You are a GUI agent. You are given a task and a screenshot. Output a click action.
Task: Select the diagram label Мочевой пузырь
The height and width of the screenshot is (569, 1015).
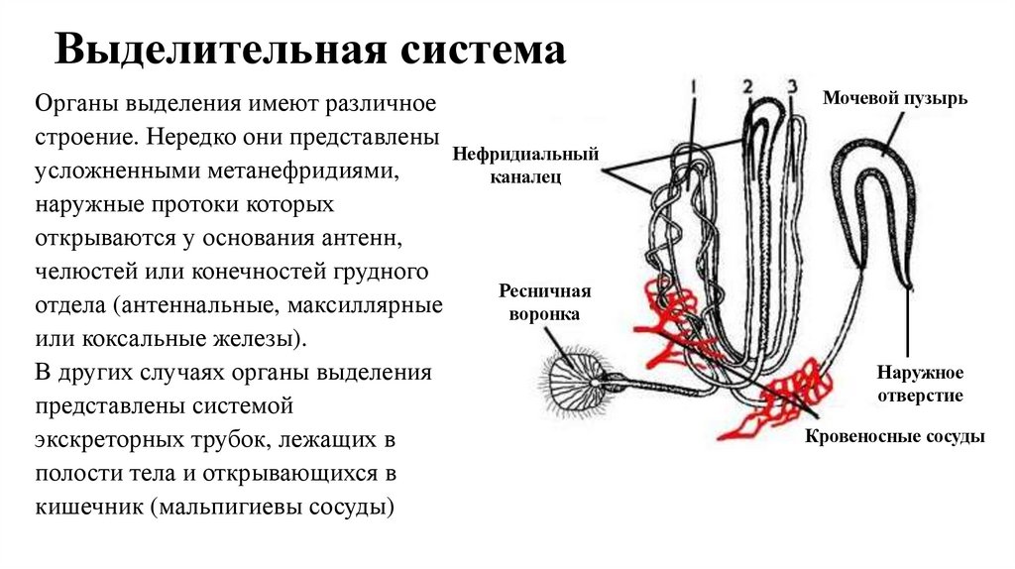[894, 98]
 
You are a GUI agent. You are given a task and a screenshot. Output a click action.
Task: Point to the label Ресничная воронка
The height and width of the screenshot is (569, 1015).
[544, 302]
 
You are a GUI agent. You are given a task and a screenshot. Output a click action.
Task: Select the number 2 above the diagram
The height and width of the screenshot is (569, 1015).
[747, 85]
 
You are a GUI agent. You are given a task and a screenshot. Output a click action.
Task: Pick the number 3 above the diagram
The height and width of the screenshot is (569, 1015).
[791, 85]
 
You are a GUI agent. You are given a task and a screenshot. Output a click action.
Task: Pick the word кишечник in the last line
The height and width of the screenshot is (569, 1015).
[87, 509]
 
